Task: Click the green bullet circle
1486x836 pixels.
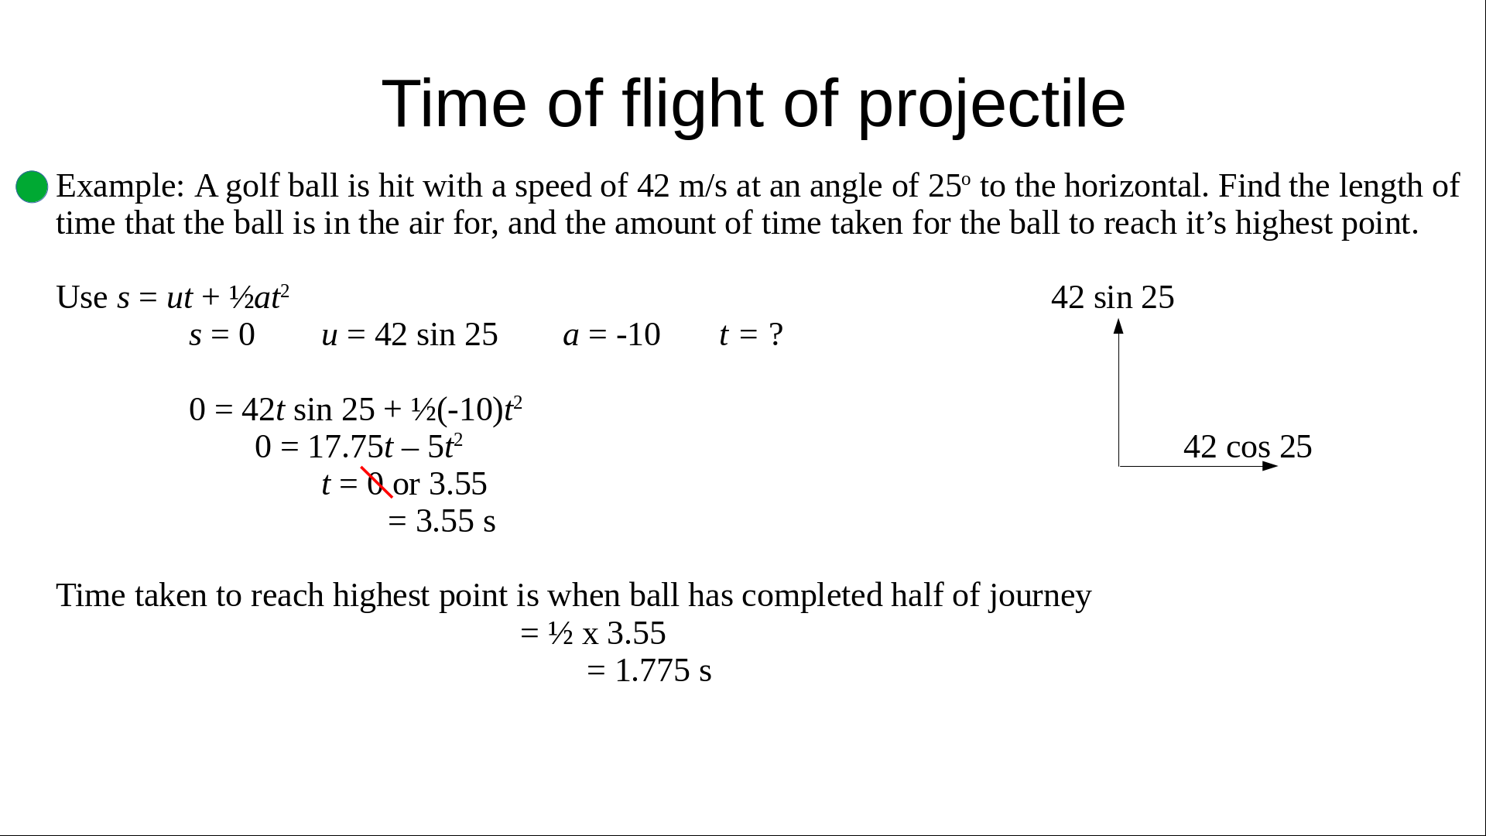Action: pyautogui.click(x=32, y=187)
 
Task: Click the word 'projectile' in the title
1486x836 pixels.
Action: pyautogui.click(x=991, y=104)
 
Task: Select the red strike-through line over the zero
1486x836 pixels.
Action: pyautogui.click(x=377, y=482)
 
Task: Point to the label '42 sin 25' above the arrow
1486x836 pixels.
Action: pyautogui.click(x=1113, y=297)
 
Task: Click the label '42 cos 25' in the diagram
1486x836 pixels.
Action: pyautogui.click(x=1248, y=447)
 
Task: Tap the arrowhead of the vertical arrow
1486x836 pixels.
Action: pyautogui.click(x=1118, y=326)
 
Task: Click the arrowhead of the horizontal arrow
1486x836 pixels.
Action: pyautogui.click(x=1270, y=466)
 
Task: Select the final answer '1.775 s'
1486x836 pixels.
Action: pyautogui.click(x=663, y=670)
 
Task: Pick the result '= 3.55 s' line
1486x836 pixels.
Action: pyautogui.click(x=442, y=521)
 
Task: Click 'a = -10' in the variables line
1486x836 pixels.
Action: pyautogui.click(x=611, y=334)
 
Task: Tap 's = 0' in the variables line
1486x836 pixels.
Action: pyautogui.click(x=222, y=334)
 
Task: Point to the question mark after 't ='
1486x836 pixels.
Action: pyautogui.click(x=776, y=334)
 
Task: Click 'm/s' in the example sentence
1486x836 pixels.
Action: pyautogui.click(x=704, y=186)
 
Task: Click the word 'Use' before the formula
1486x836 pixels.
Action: pyautogui.click(x=82, y=297)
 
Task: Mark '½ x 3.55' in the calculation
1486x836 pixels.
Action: pyautogui.click(x=607, y=633)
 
